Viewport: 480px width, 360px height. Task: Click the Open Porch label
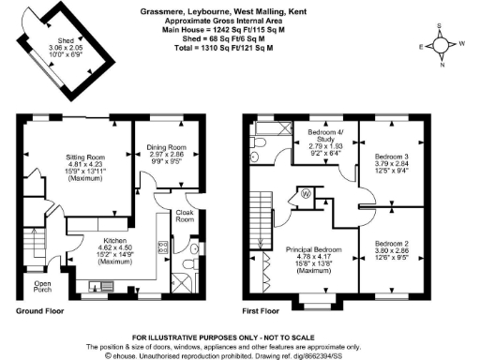pyautogui.click(x=42, y=285)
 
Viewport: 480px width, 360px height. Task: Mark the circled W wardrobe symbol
pyautogui.click(x=306, y=194)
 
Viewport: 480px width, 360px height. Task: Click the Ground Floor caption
pyautogui.click(x=41, y=308)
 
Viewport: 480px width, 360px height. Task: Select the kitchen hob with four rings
pyautogui.click(x=162, y=247)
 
